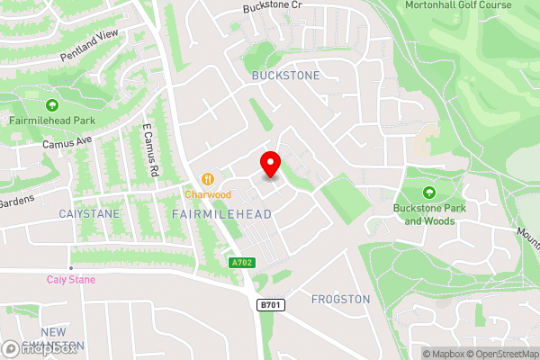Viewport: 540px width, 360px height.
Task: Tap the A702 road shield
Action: point(236,261)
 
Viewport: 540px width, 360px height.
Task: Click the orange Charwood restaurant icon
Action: point(209,178)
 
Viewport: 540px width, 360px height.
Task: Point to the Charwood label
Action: point(209,193)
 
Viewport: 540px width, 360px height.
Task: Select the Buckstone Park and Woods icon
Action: point(428,192)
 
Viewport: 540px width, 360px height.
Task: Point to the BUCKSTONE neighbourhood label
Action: point(285,76)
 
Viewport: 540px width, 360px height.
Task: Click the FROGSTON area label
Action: point(340,299)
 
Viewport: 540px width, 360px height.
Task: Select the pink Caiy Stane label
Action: point(71,279)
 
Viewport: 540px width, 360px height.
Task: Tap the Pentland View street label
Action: point(89,45)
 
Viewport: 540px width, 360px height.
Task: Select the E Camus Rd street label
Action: point(149,150)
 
